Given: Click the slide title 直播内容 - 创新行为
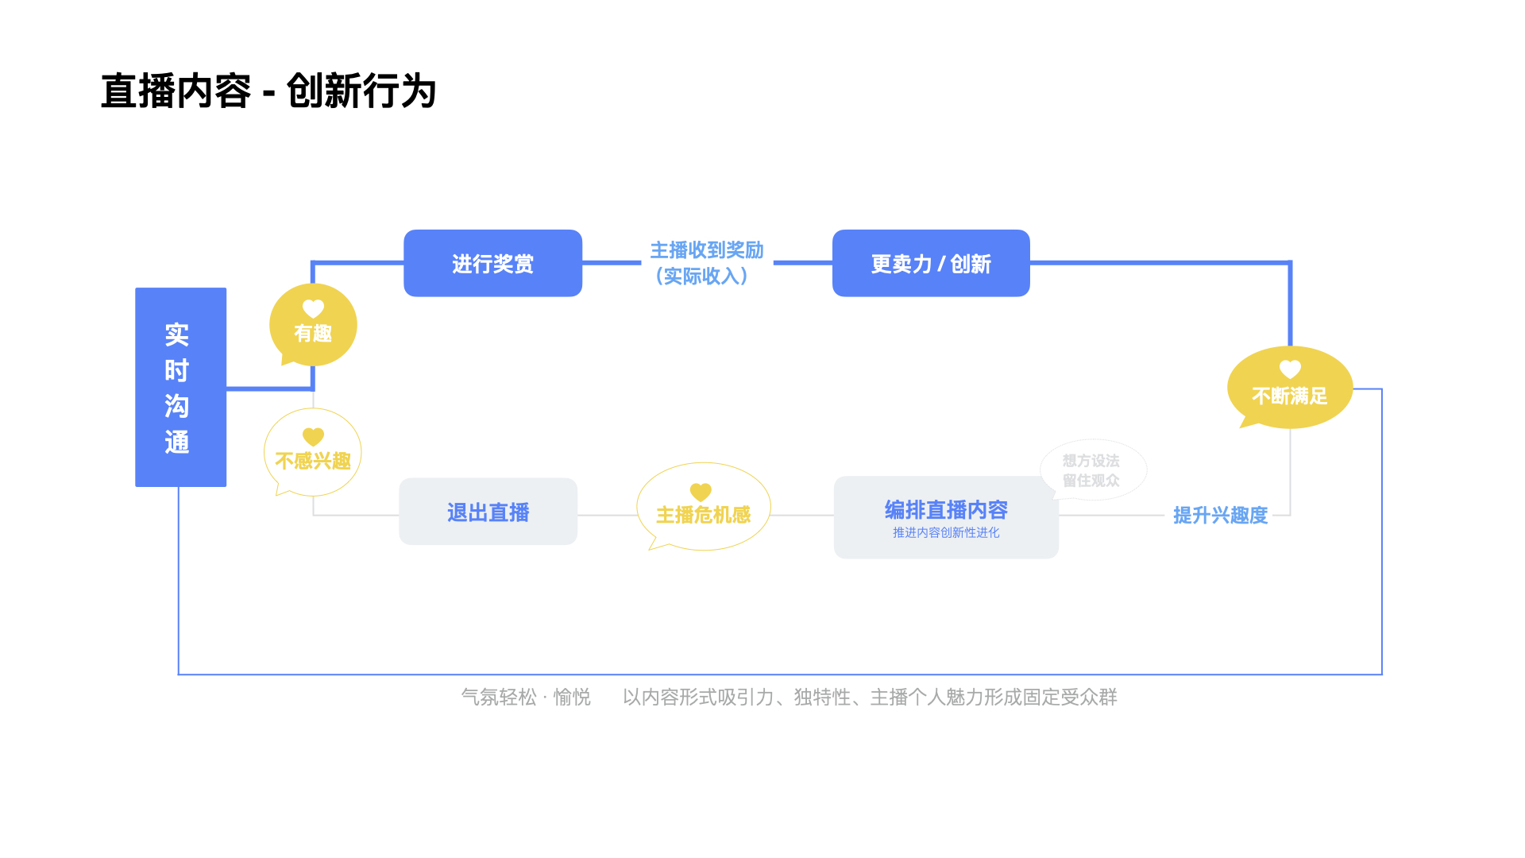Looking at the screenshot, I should pyautogui.click(x=268, y=91).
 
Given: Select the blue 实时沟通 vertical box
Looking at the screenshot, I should pyautogui.click(x=180, y=387).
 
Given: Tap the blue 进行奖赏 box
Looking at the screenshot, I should pyautogui.click(x=492, y=263).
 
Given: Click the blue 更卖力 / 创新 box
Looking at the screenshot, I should pyautogui.click(x=931, y=263).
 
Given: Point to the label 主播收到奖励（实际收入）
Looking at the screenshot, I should pyautogui.click(x=706, y=263).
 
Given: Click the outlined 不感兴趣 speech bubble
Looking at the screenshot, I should pyautogui.click(x=313, y=453).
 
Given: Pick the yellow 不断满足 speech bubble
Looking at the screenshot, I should pyautogui.click(x=1289, y=388).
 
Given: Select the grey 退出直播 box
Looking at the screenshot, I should pyautogui.click(x=488, y=512).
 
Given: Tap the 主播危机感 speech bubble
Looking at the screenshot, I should pyautogui.click(x=703, y=508).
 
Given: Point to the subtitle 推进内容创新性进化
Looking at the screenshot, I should pyautogui.click(x=945, y=532).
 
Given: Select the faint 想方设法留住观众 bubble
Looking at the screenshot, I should pyautogui.click(x=1092, y=470).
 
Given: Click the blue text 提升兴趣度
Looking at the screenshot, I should pyautogui.click(x=1220, y=516).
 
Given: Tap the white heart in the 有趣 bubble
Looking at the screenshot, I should pyautogui.click(x=313, y=308).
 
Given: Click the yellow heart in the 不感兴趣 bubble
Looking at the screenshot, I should pyautogui.click(x=313, y=436).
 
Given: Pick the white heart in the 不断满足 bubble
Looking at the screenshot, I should pyautogui.click(x=1290, y=369).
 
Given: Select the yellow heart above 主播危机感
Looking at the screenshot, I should pyautogui.click(x=701, y=492).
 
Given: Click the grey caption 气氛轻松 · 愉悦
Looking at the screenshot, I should pyautogui.click(x=526, y=697).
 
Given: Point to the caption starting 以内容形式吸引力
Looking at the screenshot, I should pyautogui.click(x=870, y=697).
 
